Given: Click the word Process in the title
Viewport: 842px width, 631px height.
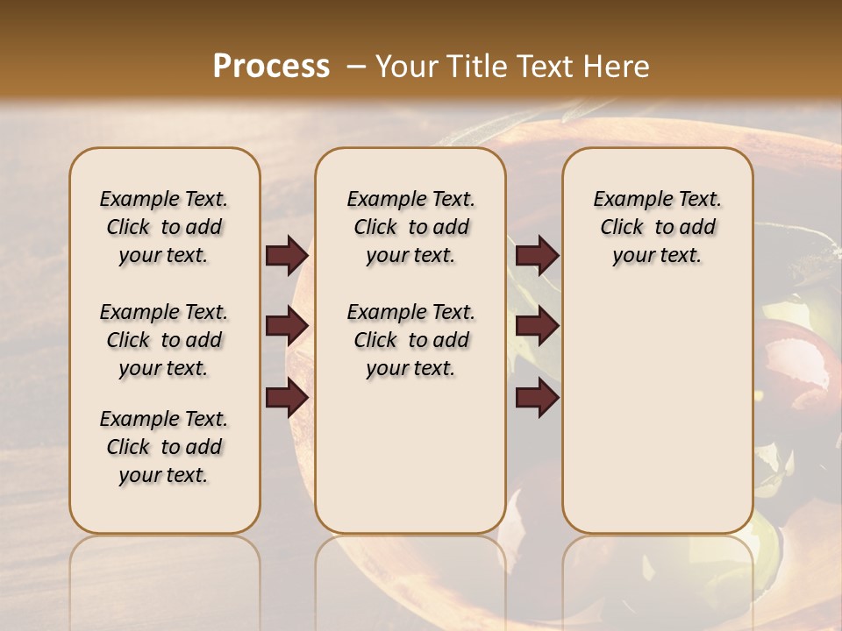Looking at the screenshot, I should click(x=271, y=67).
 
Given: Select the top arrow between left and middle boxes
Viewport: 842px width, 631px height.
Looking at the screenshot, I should click(x=287, y=256).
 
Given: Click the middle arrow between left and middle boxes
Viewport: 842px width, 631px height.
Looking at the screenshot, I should click(x=287, y=327).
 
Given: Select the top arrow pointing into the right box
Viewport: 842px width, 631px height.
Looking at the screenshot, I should click(x=537, y=256).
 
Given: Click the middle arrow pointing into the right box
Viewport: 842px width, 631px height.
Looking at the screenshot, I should click(x=537, y=327).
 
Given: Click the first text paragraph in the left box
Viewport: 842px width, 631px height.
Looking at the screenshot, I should click(x=164, y=227).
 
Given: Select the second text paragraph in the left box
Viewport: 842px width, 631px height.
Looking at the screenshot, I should click(x=164, y=340).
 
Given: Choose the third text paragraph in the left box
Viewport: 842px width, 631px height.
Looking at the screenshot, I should click(x=164, y=447).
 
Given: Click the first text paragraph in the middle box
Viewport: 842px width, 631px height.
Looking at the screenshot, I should click(x=410, y=227).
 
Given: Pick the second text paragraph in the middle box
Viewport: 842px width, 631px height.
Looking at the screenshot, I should click(x=410, y=340).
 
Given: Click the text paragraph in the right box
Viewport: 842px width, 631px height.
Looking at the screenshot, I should click(x=657, y=227).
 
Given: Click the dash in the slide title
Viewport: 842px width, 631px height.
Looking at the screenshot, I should click(x=356, y=67).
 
